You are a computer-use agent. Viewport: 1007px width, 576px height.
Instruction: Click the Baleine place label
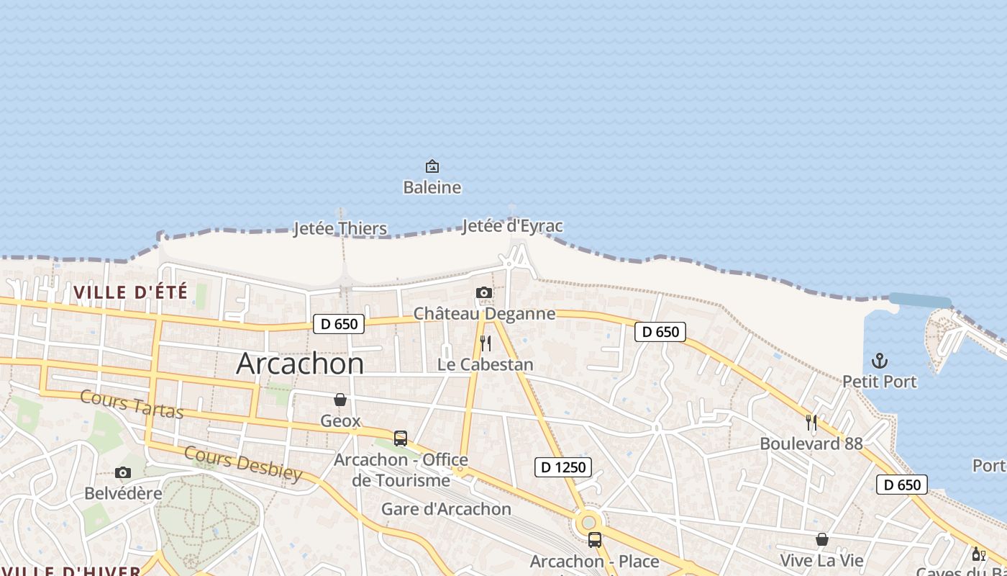click(x=432, y=187)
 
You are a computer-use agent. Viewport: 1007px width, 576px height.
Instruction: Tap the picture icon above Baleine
click(x=432, y=166)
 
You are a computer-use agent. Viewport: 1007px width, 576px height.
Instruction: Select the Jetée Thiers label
click(x=340, y=229)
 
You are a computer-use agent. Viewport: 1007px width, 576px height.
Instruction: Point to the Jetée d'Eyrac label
click(x=512, y=226)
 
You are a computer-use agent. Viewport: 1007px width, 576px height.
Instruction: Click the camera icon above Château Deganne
click(x=484, y=292)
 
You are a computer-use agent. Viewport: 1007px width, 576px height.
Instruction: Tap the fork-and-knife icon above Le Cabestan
click(x=486, y=343)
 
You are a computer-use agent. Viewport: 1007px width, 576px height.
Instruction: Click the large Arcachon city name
click(x=300, y=364)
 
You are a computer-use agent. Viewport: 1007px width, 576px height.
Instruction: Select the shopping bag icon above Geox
click(x=340, y=400)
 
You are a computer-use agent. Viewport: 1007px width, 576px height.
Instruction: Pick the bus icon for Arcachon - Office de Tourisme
click(x=401, y=438)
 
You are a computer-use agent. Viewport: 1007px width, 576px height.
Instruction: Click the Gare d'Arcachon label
click(x=446, y=509)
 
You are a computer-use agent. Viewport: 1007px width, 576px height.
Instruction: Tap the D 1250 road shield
click(x=564, y=467)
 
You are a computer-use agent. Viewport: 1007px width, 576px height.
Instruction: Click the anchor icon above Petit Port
click(x=879, y=360)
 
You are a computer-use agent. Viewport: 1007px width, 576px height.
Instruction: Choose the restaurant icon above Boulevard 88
click(x=811, y=423)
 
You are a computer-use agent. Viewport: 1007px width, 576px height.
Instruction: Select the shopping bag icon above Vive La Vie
click(x=821, y=539)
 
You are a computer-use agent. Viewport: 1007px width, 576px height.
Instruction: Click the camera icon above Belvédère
click(x=123, y=472)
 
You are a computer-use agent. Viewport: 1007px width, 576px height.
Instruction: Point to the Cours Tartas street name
click(x=132, y=404)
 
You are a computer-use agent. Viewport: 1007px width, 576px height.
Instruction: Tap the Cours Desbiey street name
click(x=243, y=463)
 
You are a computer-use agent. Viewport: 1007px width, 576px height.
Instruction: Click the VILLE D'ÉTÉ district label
click(x=130, y=292)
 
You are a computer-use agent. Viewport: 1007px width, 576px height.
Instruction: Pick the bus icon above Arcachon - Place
click(x=595, y=540)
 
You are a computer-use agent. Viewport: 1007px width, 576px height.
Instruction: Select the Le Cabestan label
click(x=486, y=364)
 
